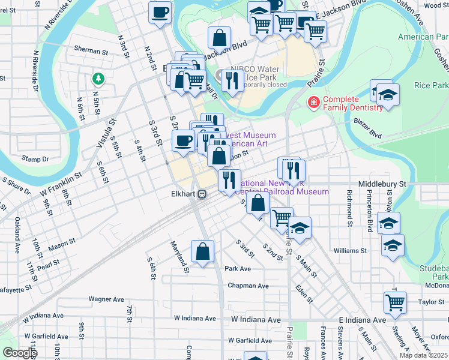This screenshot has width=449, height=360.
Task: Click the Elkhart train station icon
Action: coord(203,194)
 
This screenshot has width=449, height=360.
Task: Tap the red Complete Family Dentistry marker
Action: coord(313,103)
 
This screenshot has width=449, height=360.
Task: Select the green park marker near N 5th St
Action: coord(97,79)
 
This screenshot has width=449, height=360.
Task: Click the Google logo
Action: coord(19,353)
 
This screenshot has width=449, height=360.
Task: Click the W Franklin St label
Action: coord(61,184)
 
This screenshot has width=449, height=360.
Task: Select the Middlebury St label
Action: coord(382,184)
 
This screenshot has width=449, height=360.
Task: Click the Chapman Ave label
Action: coord(248,286)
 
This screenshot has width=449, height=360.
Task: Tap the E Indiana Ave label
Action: coord(362,320)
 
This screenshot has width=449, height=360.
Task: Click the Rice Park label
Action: coord(431,85)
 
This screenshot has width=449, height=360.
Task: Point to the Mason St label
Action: coord(62,244)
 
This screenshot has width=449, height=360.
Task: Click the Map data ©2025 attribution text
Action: coord(423,355)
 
